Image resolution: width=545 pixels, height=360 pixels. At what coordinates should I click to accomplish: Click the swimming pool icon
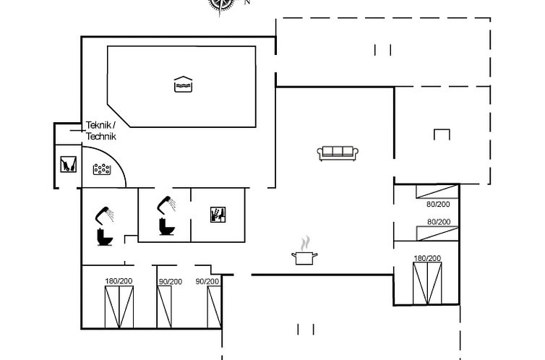tap(183, 85)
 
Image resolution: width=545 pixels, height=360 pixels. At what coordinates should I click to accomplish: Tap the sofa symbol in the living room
tap(338, 153)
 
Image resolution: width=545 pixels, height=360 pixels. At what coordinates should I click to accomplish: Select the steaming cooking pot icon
tap(304, 251)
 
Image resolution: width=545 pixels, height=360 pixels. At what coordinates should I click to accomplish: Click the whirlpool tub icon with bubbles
tap(102, 169)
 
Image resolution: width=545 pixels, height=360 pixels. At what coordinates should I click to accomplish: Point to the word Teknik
tap(99, 125)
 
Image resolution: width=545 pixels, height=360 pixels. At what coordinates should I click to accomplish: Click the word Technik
tap(101, 136)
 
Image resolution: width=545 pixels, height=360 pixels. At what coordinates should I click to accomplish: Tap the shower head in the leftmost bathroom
tap(105, 215)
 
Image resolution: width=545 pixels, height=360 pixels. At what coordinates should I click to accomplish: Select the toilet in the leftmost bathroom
tap(105, 237)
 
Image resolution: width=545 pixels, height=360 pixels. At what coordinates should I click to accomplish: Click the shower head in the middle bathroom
tap(166, 205)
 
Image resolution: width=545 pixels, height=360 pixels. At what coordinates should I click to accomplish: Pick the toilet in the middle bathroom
tap(167, 226)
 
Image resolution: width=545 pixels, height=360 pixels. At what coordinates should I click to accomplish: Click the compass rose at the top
tap(221, 5)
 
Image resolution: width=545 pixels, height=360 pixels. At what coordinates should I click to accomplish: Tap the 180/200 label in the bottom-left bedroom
tap(119, 280)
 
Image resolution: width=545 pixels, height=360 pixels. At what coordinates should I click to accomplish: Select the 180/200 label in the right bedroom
tap(427, 258)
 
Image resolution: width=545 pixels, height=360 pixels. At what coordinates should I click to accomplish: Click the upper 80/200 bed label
tap(438, 204)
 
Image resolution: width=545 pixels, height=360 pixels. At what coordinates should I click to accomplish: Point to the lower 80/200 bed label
tap(439, 222)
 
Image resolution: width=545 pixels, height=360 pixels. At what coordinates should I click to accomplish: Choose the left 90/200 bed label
tap(171, 281)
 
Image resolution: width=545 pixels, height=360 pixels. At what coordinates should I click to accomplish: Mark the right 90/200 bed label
tap(207, 281)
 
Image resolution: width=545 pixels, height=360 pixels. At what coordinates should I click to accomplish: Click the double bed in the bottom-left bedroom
tap(119, 307)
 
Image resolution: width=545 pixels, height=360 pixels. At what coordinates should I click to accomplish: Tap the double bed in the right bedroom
tap(427, 283)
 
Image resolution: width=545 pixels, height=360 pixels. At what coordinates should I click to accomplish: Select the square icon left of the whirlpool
tap(68, 164)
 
